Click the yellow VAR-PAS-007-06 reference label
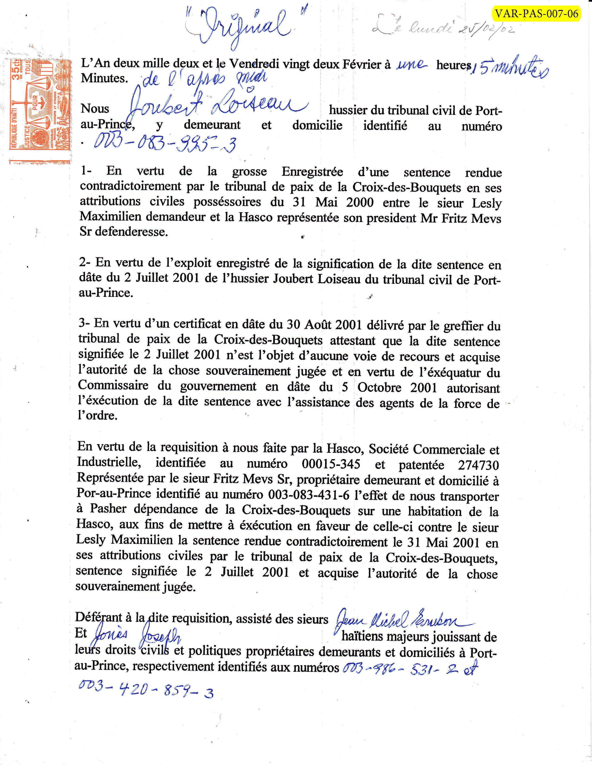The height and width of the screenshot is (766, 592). click(x=536, y=14)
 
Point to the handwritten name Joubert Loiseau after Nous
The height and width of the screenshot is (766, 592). click(x=216, y=105)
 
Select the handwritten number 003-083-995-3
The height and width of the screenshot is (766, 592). click(x=165, y=144)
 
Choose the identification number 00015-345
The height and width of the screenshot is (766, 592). click(x=331, y=464)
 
